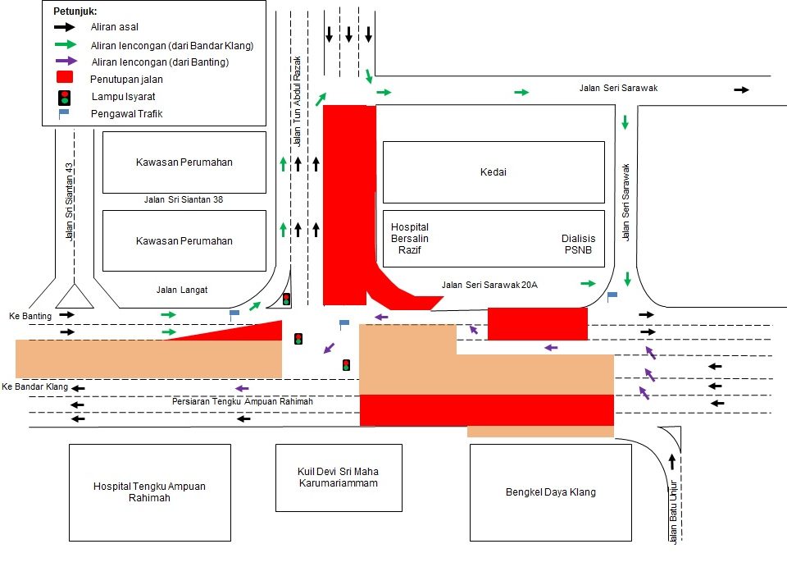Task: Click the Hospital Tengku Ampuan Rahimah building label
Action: click(x=149, y=492)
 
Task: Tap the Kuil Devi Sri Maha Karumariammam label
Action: click(x=339, y=478)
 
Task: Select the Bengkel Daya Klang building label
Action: click(x=550, y=492)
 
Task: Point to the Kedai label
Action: click(x=494, y=172)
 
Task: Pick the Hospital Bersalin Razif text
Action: click(x=410, y=239)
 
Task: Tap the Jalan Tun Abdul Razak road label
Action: click(x=298, y=101)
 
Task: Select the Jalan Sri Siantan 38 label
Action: click(x=184, y=199)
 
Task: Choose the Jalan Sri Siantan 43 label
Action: click(x=70, y=200)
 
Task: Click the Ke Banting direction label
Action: click(x=30, y=316)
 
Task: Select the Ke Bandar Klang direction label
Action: click(x=34, y=386)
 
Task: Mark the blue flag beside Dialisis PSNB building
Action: click(x=612, y=295)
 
